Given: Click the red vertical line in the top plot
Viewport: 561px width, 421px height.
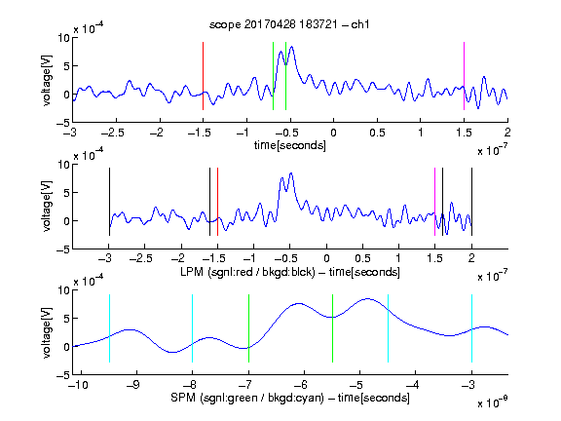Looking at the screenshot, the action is (x=203, y=76).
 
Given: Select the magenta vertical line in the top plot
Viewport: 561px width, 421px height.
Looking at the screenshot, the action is (x=464, y=76).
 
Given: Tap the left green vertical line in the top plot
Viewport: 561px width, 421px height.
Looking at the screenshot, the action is (x=273, y=76).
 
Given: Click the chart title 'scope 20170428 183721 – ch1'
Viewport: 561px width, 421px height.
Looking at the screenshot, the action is (x=289, y=24).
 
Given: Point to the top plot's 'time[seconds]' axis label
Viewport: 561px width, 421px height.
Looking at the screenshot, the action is (x=290, y=145).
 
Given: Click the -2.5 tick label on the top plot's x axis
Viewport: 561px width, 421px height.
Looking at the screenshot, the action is (x=113, y=133).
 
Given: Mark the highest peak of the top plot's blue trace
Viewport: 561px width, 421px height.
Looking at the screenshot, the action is (x=292, y=47).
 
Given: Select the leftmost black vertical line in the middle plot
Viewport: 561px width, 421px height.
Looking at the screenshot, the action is (x=109, y=202).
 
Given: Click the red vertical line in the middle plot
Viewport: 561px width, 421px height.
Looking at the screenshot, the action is (x=217, y=202).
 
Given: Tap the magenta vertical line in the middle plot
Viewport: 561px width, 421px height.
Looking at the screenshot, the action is (x=434, y=202).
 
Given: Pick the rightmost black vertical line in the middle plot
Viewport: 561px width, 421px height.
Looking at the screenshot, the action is (x=471, y=202).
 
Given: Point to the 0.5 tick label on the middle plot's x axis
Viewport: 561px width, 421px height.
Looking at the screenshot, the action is (x=362, y=258).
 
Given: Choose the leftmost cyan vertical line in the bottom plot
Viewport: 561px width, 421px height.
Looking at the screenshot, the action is (x=109, y=328).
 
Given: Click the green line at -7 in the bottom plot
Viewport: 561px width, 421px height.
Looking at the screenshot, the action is (x=248, y=328).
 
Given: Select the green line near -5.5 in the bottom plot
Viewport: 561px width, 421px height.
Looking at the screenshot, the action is (x=332, y=328).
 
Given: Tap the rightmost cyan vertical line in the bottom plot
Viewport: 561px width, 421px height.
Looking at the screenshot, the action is (x=471, y=328).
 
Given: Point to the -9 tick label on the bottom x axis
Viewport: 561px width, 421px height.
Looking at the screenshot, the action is (x=132, y=385).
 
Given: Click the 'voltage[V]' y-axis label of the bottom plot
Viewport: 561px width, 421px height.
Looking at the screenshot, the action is (x=47, y=332).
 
